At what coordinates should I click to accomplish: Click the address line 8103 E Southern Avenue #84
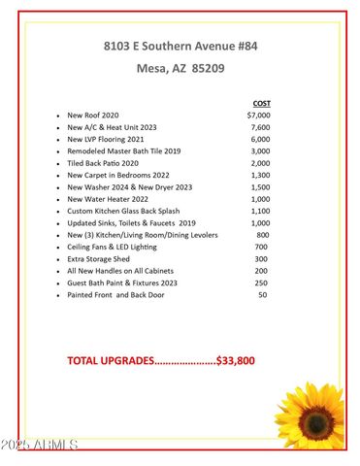click(x=180, y=46)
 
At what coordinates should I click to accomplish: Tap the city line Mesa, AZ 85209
click(x=180, y=70)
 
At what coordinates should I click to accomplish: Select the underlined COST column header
click(x=261, y=103)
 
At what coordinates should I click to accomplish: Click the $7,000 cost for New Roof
click(x=259, y=116)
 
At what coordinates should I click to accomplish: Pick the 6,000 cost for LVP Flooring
click(x=260, y=140)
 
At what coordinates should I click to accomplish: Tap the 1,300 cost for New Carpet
click(x=260, y=176)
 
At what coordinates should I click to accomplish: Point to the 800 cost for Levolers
click(x=263, y=235)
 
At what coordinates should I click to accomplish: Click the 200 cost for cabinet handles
click(x=262, y=271)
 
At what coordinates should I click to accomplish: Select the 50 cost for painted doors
click(x=263, y=294)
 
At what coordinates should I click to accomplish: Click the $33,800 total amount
click(x=236, y=360)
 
